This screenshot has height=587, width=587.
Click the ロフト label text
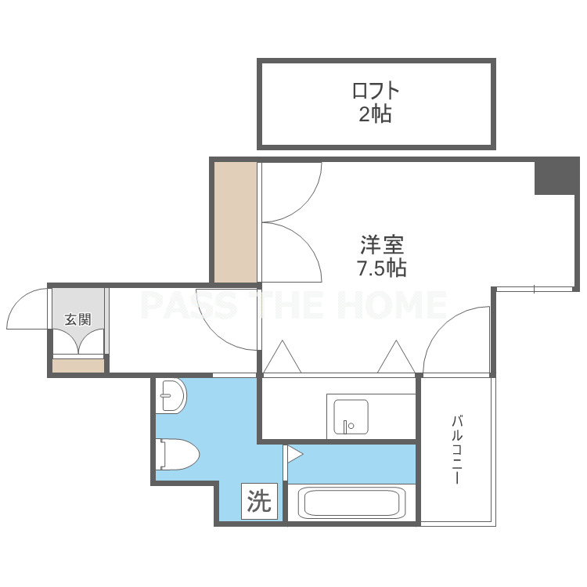click(376, 90)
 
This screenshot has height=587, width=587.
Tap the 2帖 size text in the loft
click(376, 113)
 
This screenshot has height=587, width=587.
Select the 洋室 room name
click(382, 245)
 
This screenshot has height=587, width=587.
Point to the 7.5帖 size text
click(382, 268)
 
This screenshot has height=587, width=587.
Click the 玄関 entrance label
click(77, 319)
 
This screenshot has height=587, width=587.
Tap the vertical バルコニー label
click(457, 449)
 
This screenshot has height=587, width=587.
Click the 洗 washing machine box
click(259, 501)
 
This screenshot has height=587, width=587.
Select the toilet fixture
click(178, 454)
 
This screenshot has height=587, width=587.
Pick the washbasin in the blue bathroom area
click(171, 396)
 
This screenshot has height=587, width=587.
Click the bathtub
click(351, 502)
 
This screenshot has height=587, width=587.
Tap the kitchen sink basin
click(351, 416)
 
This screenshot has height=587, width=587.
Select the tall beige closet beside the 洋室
click(236, 222)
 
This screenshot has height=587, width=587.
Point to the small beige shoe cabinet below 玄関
click(77, 366)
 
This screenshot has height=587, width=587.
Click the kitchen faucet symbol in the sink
click(348, 426)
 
